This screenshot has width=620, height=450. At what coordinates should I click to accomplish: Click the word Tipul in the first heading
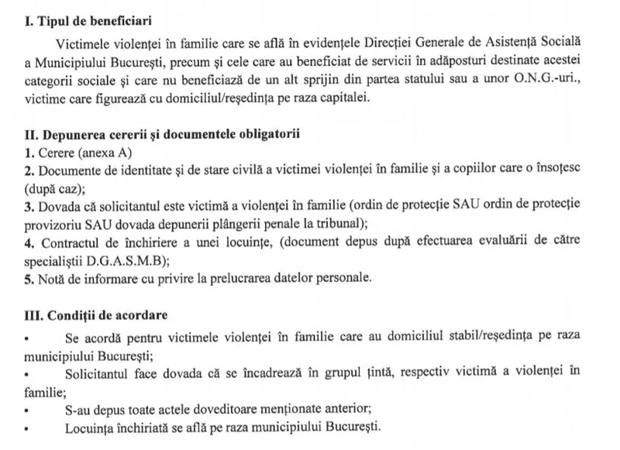pyautogui.click(x=50, y=18)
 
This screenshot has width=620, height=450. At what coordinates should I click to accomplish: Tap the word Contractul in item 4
pyautogui.click(x=65, y=242)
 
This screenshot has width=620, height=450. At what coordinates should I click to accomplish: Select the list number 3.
pyautogui.click(x=29, y=206)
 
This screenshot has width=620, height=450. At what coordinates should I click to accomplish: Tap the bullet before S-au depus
pyautogui.click(x=28, y=410)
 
